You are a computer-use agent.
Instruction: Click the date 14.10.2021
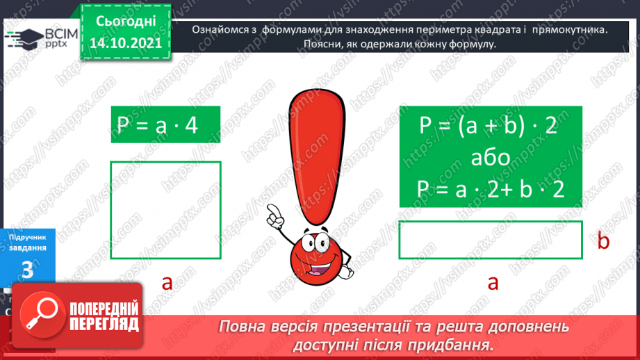click(126, 44)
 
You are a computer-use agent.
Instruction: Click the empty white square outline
click(165, 210)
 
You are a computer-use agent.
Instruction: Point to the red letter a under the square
click(167, 282)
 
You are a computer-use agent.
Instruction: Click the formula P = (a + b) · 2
click(489, 127)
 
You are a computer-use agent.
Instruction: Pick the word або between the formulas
click(489, 158)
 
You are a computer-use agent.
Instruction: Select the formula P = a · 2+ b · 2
click(489, 189)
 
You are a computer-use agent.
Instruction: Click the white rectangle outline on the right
click(491, 240)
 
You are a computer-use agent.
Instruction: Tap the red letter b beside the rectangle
click(603, 241)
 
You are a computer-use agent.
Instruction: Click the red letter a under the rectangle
click(493, 282)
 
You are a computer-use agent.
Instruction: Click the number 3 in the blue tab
click(28, 270)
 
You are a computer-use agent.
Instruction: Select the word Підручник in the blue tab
click(28, 238)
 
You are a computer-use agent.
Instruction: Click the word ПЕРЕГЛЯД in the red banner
click(104, 324)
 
